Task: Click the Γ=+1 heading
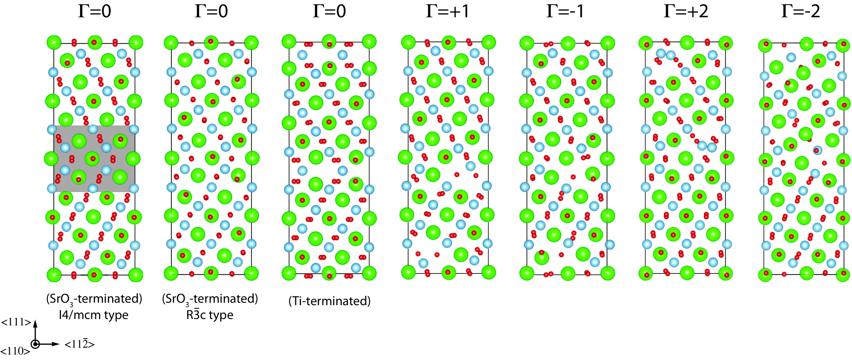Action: pos(447,11)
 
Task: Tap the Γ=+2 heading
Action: pos(686,11)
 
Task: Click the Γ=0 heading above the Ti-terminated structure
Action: pos(329,11)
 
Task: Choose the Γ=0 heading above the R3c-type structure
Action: pos(211,11)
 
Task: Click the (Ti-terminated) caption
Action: pos(329,301)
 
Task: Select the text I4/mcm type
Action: pos(93,315)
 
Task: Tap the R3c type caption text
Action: pos(209,315)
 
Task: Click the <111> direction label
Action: pos(16,322)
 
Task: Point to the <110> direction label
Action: pos(15,351)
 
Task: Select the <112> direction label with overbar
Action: pos(80,344)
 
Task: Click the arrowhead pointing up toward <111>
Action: pos(36,323)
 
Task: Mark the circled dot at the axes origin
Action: pos(36,344)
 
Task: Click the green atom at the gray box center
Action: pos(92,159)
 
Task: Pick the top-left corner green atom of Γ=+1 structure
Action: pos(408,42)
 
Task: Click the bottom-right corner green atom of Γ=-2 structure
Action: pos(843,274)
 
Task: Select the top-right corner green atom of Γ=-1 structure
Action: pos(608,43)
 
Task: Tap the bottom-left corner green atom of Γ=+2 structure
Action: pos(646,273)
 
